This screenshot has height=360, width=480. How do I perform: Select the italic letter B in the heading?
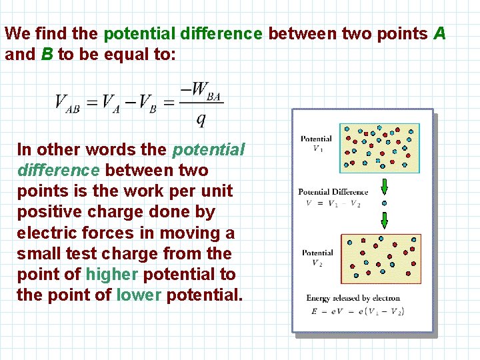(x=47, y=54)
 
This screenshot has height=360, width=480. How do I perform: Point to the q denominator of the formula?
(x=201, y=119)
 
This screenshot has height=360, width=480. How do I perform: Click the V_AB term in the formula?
(x=67, y=103)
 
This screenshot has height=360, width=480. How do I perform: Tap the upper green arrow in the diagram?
(x=383, y=187)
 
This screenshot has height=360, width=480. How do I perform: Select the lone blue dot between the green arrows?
(x=383, y=203)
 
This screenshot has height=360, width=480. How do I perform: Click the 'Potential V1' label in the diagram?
(x=316, y=143)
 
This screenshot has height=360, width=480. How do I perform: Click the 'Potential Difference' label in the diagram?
(x=333, y=192)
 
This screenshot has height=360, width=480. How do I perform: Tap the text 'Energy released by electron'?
(x=353, y=298)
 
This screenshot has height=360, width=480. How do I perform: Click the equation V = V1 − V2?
(x=333, y=203)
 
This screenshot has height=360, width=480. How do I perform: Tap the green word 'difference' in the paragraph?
(x=59, y=170)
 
